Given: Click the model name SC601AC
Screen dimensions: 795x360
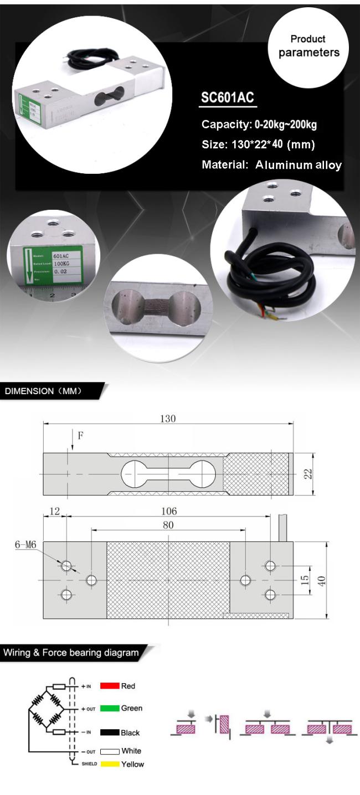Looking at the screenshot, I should (227, 97).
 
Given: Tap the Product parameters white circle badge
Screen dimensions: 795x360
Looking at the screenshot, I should (308, 46).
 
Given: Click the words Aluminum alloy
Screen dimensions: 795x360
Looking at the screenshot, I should (299, 165).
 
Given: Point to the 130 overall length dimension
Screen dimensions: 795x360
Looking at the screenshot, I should (168, 419).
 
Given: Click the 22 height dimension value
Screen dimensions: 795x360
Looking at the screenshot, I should (308, 474).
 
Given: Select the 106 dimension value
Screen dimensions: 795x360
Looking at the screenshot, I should (168, 511).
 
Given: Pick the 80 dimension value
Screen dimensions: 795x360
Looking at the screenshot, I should (168, 525).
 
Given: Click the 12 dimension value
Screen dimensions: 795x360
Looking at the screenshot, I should (54, 511).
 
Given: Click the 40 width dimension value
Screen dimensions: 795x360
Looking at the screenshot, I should (322, 580).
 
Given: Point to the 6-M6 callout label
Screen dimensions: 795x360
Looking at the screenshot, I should (25, 545).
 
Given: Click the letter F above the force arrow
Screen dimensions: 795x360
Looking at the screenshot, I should (80, 436).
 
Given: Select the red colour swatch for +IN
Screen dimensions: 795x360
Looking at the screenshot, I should (110, 686).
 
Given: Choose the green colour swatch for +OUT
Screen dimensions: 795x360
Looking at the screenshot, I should (110, 708).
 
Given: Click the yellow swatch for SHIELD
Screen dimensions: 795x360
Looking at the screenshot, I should (110, 764).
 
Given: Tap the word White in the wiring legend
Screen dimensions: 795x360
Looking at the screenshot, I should (131, 751).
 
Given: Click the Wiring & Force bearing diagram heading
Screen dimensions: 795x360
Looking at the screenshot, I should (71, 653).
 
